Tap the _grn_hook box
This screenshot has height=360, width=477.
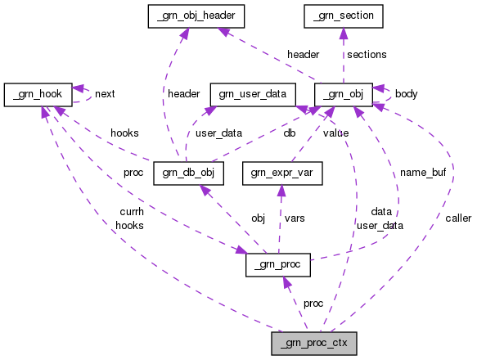tap(38, 93)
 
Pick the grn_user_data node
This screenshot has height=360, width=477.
tap(252, 93)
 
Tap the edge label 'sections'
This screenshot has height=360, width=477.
tap(367, 54)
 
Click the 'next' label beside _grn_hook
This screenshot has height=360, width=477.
tap(105, 93)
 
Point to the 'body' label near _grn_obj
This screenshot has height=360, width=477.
tap(406, 93)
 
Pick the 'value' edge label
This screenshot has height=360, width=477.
tap(335, 132)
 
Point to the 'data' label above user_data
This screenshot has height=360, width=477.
tap(381, 211)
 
